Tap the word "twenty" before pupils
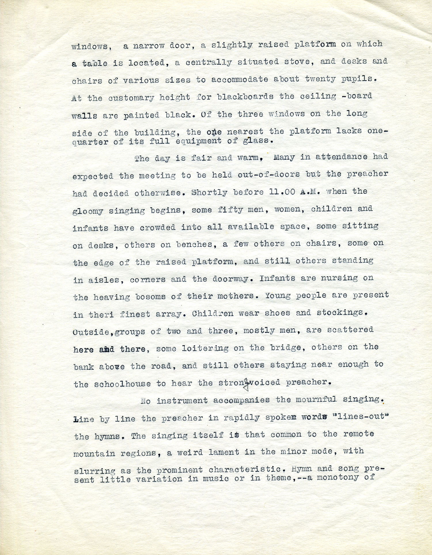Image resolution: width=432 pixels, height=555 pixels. coord(320,79)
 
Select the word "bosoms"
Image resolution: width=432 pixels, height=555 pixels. coord(150,297)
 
